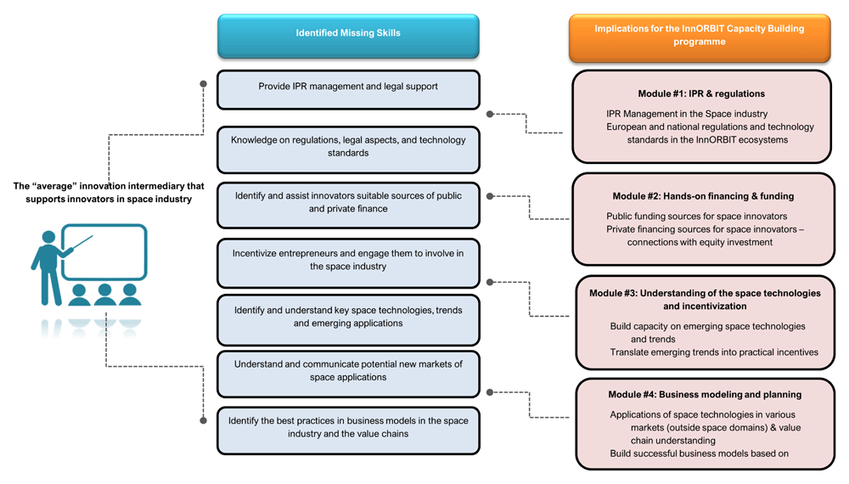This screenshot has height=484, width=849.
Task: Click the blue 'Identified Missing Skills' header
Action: [348, 36]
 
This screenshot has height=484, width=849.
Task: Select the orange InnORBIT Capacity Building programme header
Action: [700, 38]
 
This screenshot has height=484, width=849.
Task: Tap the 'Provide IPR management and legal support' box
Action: [348, 90]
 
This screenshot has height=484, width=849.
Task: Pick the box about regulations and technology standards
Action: [348, 149]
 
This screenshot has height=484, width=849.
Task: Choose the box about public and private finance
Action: [348, 205]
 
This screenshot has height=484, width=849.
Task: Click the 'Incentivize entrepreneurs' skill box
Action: [348, 263]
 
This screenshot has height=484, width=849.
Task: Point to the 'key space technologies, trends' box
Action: [348, 320]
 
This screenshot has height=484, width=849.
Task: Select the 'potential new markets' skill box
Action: [348, 374]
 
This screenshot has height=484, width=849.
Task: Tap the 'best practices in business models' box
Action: [348, 431]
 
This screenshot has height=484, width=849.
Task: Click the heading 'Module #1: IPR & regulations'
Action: [701, 93]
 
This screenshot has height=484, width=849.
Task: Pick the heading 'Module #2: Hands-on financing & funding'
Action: [703, 196]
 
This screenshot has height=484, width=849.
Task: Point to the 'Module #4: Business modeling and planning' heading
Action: [705, 395]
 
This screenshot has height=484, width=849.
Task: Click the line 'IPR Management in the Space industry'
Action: [687, 114]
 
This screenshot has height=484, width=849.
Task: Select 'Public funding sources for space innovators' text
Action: [696, 216]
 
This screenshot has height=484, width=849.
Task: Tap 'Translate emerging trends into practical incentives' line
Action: [714, 352]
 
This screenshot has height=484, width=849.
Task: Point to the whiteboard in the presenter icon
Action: [104, 252]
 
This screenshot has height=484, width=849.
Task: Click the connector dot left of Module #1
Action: [490, 115]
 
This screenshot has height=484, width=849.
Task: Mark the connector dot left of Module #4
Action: [490, 392]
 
